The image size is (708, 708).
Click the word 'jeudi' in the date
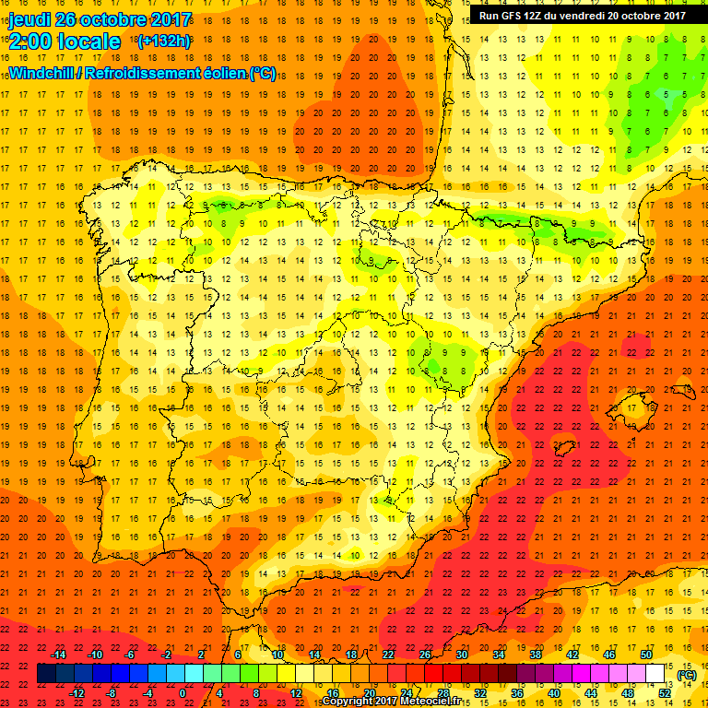(x=29, y=19)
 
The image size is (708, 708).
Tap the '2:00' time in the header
(x=30, y=41)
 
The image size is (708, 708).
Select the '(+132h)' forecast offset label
(x=163, y=41)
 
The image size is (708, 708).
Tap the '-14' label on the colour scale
(x=59, y=655)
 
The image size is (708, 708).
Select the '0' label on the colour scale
(x=183, y=693)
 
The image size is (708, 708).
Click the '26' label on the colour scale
(x=425, y=655)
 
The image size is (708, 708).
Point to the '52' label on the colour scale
(x=665, y=693)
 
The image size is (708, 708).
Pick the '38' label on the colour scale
(x=535, y=655)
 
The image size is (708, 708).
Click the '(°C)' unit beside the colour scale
(x=685, y=675)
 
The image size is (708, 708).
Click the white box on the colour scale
(x=655, y=674)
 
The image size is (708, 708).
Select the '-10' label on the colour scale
(x=95, y=655)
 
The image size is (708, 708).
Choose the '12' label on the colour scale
(x=295, y=693)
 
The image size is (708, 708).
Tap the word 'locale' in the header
(x=88, y=41)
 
